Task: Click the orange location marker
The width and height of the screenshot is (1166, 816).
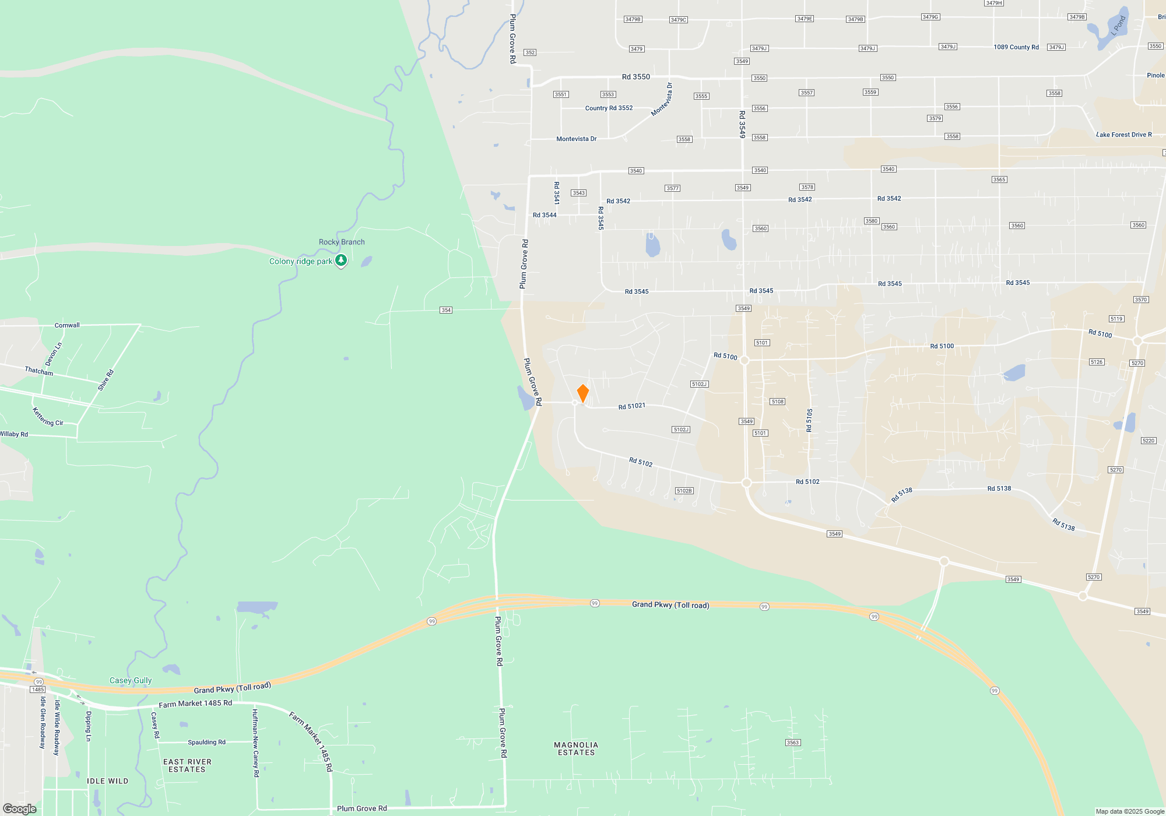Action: coord(582,393)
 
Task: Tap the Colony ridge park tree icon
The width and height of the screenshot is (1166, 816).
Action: coord(341,261)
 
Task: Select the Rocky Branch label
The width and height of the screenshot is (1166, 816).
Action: coord(342,242)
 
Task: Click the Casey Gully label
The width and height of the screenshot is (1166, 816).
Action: coord(131,680)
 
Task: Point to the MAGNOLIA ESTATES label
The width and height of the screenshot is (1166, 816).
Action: coord(576,749)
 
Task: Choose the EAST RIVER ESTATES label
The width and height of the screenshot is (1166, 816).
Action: coord(187,766)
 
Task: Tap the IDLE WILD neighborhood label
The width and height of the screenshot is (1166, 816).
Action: coord(108,781)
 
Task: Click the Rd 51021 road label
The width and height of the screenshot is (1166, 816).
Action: coord(632,406)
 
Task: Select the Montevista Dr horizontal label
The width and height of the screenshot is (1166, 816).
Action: coord(576,139)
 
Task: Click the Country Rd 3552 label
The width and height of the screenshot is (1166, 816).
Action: coord(609,108)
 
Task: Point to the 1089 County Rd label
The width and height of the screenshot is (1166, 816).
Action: coord(1016,47)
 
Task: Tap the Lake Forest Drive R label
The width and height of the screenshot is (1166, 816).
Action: coord(1124,135)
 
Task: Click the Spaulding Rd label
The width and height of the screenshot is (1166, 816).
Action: coord(206,742)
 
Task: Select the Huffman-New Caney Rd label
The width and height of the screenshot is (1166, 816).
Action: coord(255,743)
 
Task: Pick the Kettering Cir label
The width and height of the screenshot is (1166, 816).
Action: coord(48,417)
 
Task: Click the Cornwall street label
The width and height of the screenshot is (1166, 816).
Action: coord(67,325)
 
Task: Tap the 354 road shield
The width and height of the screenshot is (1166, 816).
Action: coord(446,310)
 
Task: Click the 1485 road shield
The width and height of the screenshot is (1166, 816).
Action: coord(38,690)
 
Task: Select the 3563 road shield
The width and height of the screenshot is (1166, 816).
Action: coord(793,743)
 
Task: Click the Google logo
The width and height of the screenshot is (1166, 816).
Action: coord(20,808)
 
